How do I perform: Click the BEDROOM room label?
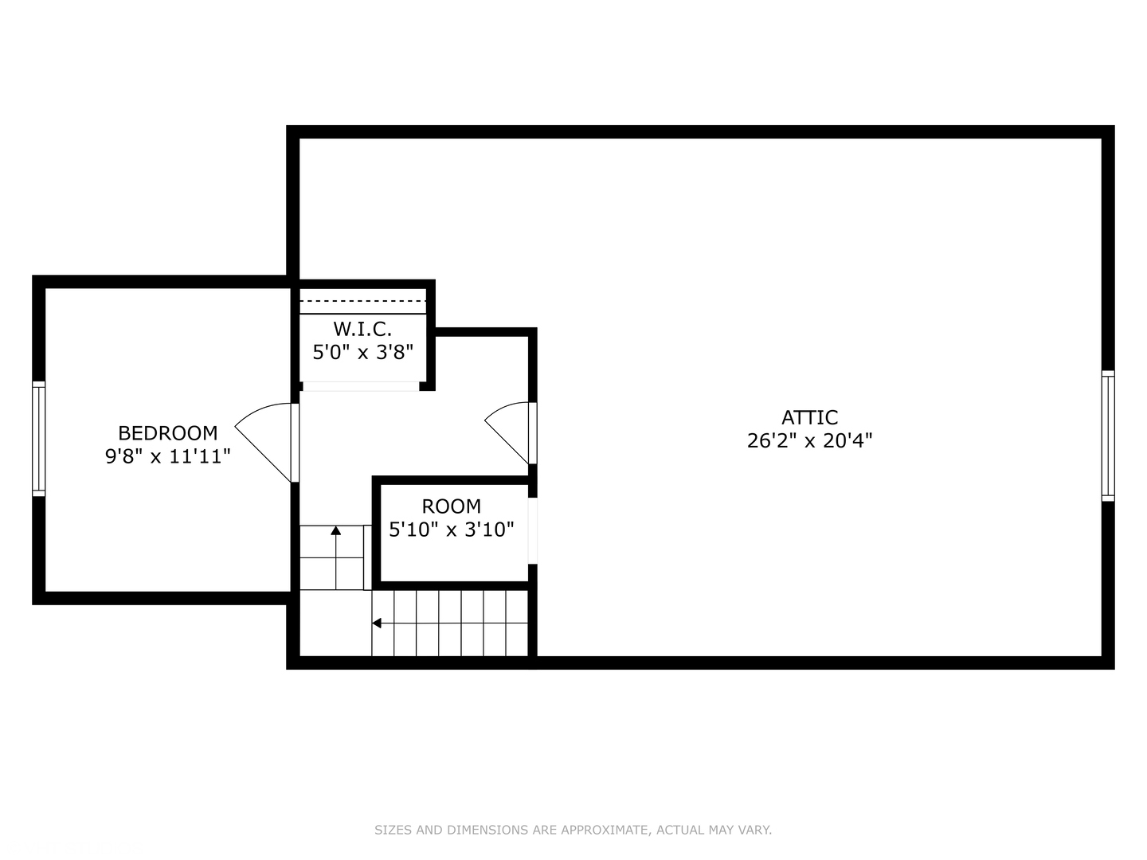(x=167, y=433)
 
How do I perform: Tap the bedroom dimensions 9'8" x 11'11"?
(x=167, y=456)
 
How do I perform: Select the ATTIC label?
(x=809, y=417)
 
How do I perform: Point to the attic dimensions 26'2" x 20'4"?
(x=809, y=440)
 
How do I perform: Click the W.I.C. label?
(x=362, y=328)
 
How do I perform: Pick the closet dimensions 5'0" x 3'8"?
(x=362, y=352)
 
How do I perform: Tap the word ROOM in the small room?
(x=451, y=506)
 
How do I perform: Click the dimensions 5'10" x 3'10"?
(x=451, y=530)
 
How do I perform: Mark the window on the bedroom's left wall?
(x=38, y=439)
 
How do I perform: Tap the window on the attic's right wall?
(x=1108, y=436)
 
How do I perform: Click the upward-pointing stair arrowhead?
(x=336, y=530)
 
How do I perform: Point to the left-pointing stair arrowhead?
(x=377, y=623)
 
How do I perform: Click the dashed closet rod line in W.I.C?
(x=362, y=301)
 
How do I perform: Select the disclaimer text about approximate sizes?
(x=573, y=830)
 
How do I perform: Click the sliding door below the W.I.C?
(x=360, y=386)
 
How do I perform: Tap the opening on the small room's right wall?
(x=533, y=531)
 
